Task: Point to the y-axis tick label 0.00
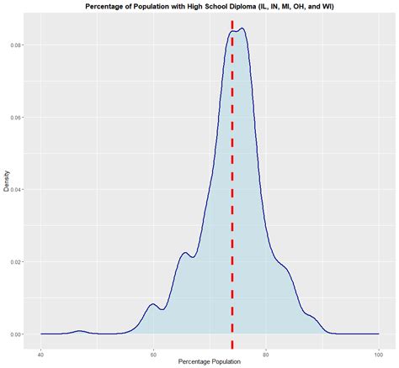click(17, 334)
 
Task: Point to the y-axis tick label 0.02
click(17, 262)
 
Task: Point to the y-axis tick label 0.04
click(17, 189)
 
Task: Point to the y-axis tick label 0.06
click(17, 117)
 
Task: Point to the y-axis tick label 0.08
click(17, 45)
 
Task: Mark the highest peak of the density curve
click(242, 29)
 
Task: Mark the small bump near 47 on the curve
click(80, 331)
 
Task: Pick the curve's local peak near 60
click(152, 304)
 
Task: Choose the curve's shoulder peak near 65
click(185, 253)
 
